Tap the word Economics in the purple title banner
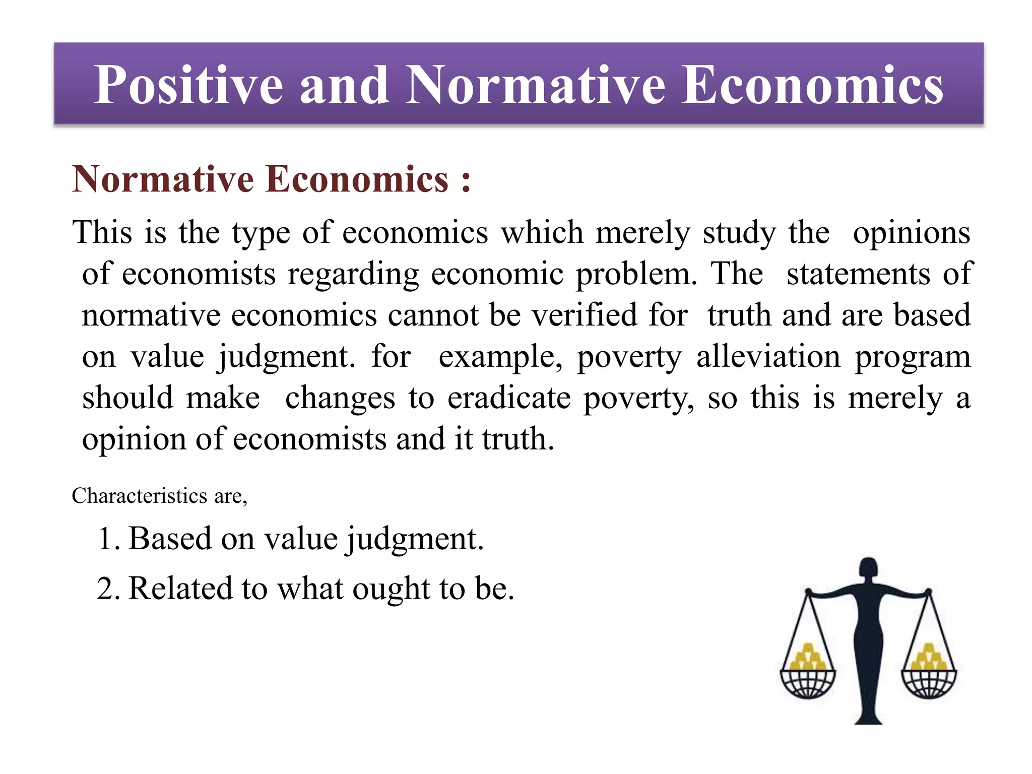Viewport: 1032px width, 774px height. (812, 86)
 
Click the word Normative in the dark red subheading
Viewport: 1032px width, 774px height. (163, 179)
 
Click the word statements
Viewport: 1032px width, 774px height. (858, 274)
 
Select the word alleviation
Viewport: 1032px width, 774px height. (768, 357)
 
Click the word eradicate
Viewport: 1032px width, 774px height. (509, 398)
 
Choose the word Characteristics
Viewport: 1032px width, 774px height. (140, 496)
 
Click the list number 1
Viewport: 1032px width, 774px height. (107, 538)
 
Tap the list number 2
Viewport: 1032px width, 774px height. (107, 588)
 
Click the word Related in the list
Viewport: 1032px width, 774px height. (178, 588)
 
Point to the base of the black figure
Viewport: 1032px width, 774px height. (869, 716)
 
